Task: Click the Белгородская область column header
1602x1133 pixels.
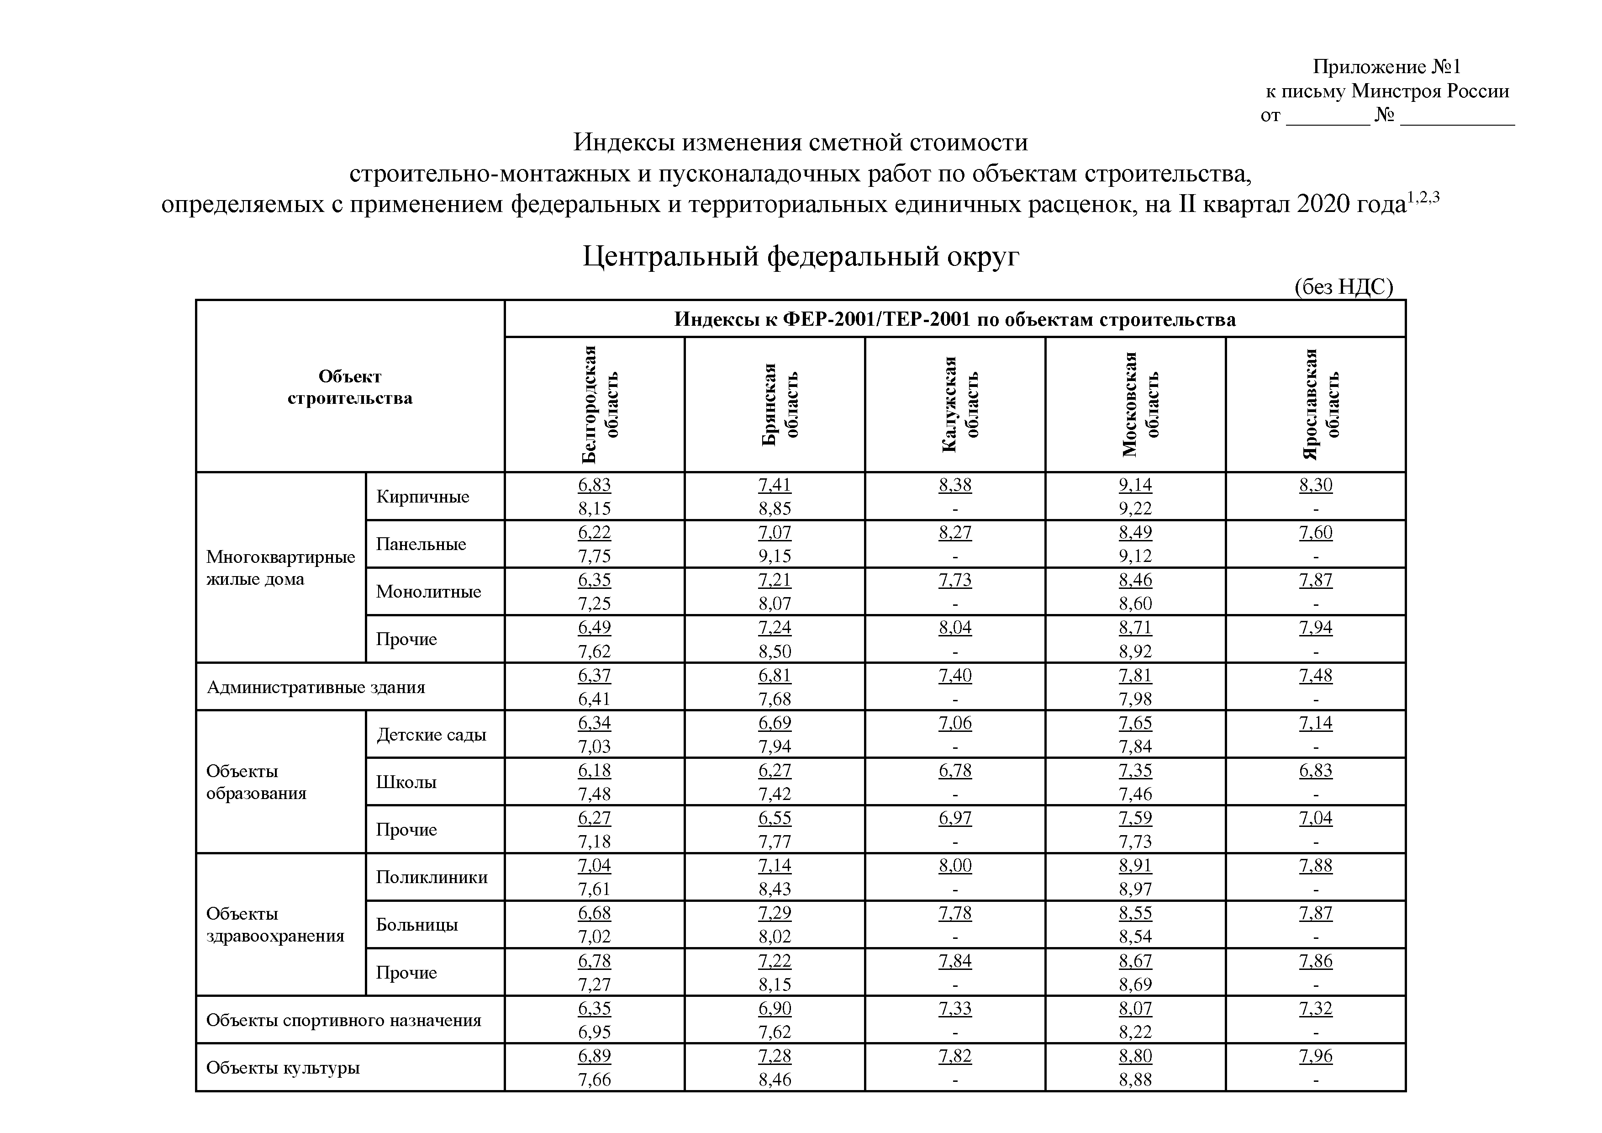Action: (x=599, y=404)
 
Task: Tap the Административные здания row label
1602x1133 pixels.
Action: (x=316, y=687)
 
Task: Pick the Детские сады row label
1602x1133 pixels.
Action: (x=431, y=734)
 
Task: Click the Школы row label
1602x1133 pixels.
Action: (x=406, y=782)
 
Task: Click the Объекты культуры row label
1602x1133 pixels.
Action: (x=283, y=1067)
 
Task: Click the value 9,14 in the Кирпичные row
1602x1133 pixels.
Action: (x=1135, y=484)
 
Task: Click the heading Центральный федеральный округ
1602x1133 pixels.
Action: (x=800, y=256)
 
